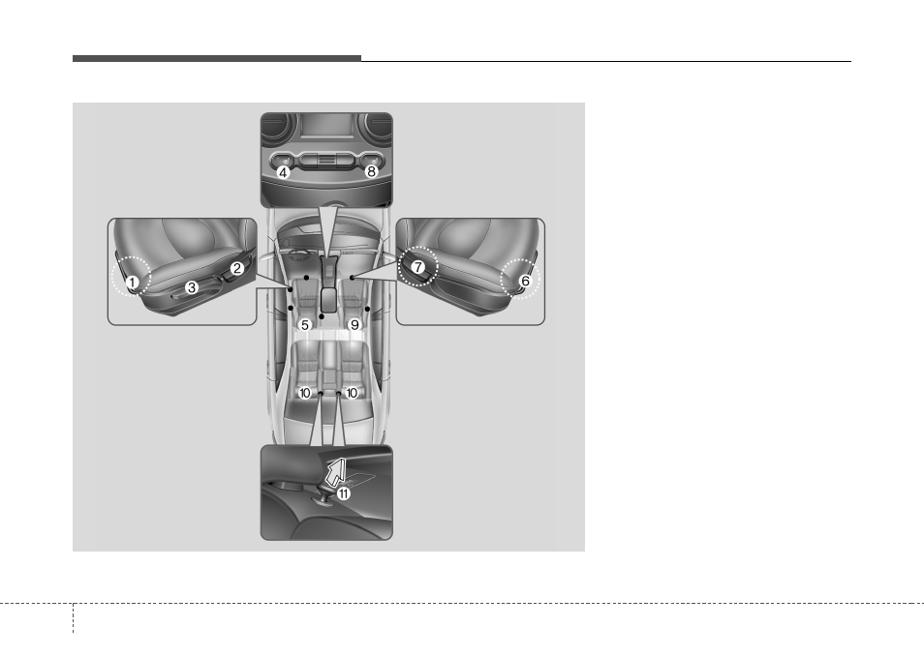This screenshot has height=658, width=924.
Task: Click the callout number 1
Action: click(x=133, y=283)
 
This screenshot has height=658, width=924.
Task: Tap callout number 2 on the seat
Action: click(x=237, y=268)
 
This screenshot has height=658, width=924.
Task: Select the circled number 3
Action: click(x=192, y=287)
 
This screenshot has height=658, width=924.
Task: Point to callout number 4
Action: click(x=284, y=172)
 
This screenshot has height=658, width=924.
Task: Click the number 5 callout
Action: click(x=305, y=325)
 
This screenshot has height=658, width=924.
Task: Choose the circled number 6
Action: click(x=525, y=281)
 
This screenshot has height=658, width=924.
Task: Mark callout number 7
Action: click(x=417, y=267)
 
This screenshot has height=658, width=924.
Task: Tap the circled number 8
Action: click(x=371, y=171)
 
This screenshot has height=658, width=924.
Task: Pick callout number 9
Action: click(x=354, y=325)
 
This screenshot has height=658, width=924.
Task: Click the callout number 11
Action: click(x=342, y=493)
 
